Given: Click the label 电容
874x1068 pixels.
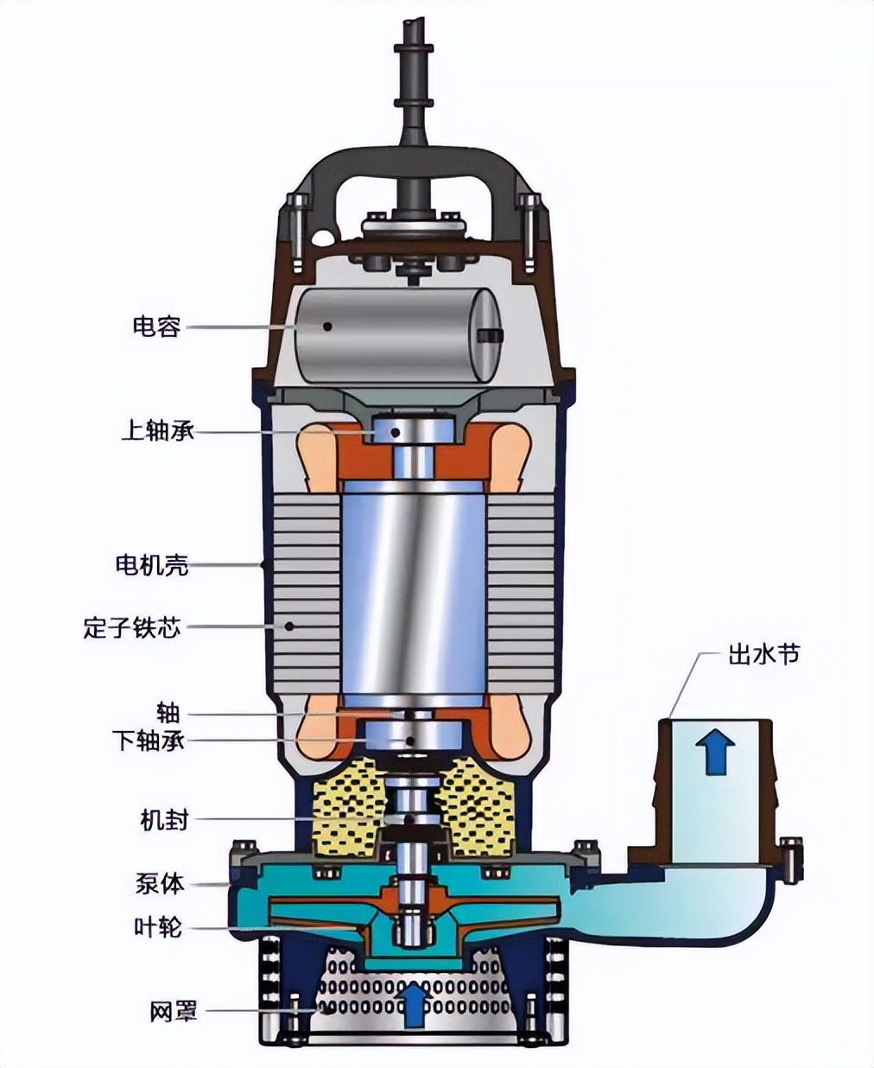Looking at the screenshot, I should [x=156, y=327].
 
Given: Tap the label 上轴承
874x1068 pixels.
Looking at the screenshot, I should [x=157, y=430].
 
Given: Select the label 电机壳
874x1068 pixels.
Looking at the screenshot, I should [x=152, y=565].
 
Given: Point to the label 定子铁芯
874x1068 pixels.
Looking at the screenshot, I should [x=132, y=626].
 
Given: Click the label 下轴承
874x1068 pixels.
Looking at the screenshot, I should [x=149, y=741].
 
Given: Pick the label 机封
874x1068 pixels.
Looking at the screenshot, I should [x=164, y=819].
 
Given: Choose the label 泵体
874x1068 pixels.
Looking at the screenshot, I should [x=160, y=884].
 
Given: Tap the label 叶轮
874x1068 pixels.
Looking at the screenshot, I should [x=158, y=927].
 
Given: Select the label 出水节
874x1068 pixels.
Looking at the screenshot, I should [x=763, y=655].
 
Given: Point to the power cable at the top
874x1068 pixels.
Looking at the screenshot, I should [x=414, y=78].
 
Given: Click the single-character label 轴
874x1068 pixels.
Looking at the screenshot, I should [x=168, y=714].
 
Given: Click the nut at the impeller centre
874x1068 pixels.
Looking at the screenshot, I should [x=413, y=930].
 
